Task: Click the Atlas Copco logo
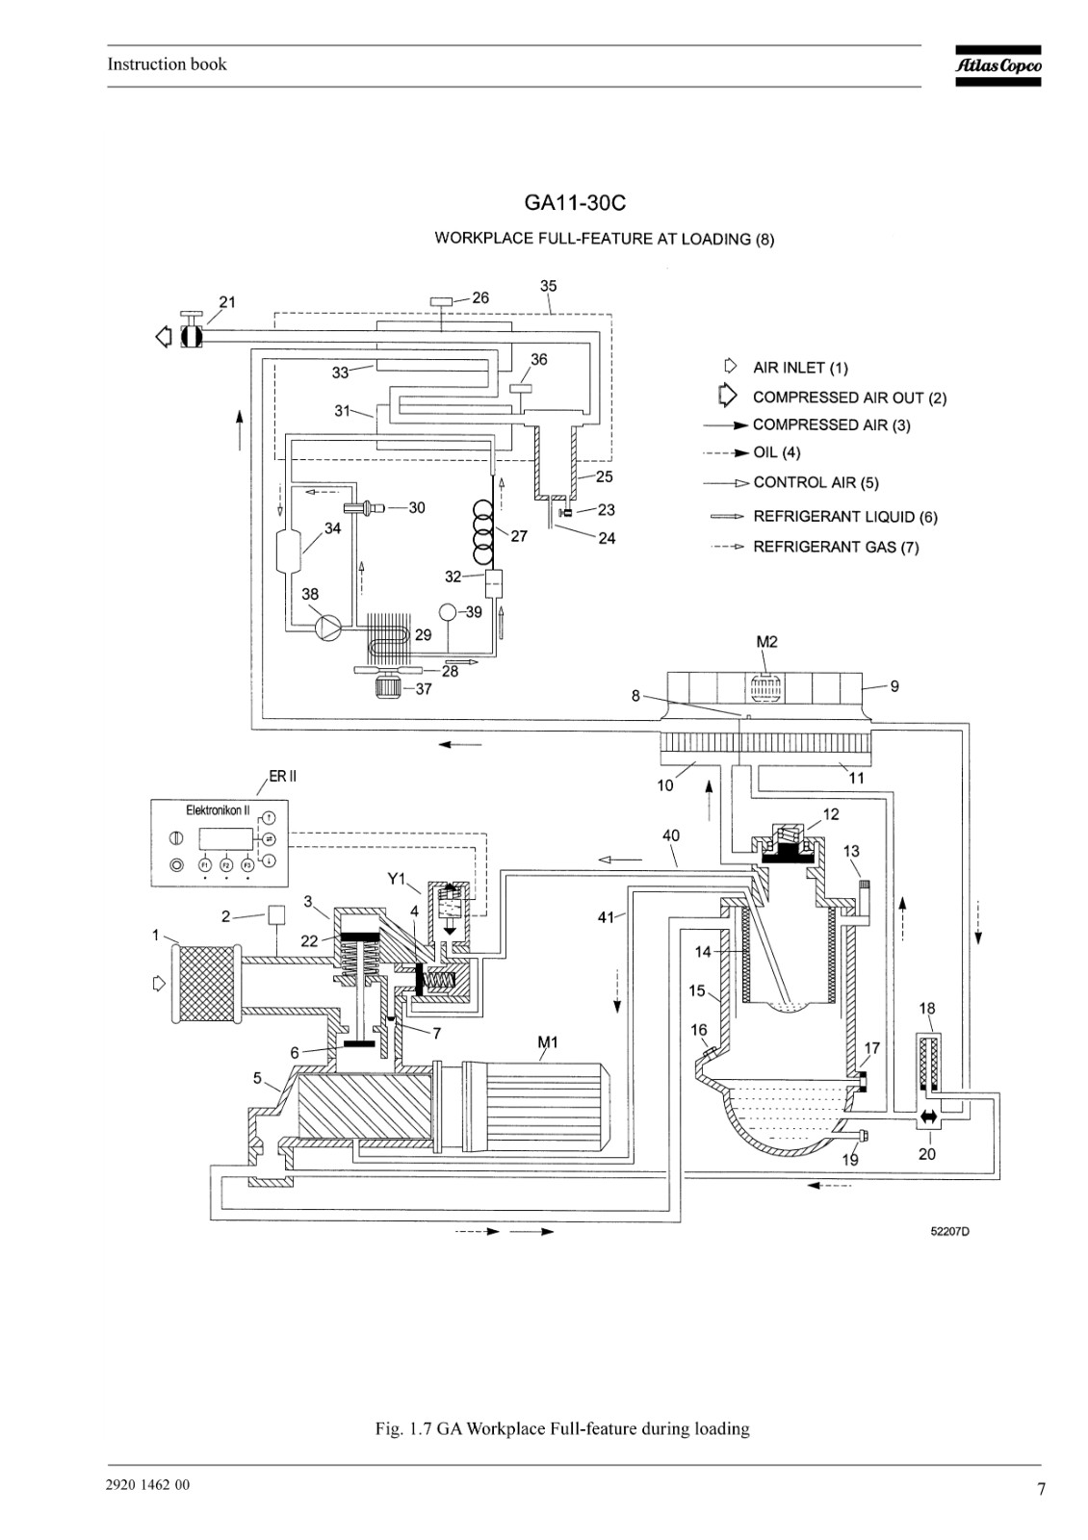click(997, 66)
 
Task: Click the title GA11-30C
click(575, 203)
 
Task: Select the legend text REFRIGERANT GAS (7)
click(836, 548)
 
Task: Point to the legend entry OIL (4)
click(776, 452)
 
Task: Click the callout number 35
click(548, 286)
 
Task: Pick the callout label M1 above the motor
click(548, 1042)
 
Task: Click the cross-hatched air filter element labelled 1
click(206, 984)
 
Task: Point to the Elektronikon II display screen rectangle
click(225, 839)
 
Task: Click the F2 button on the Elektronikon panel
click(225, 864)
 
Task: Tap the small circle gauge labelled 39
click(449, 611)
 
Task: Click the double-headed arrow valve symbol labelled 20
click(928, 1117)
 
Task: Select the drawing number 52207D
click(949, 1231)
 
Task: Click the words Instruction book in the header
click(168, 64)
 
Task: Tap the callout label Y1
click(397, 879)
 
